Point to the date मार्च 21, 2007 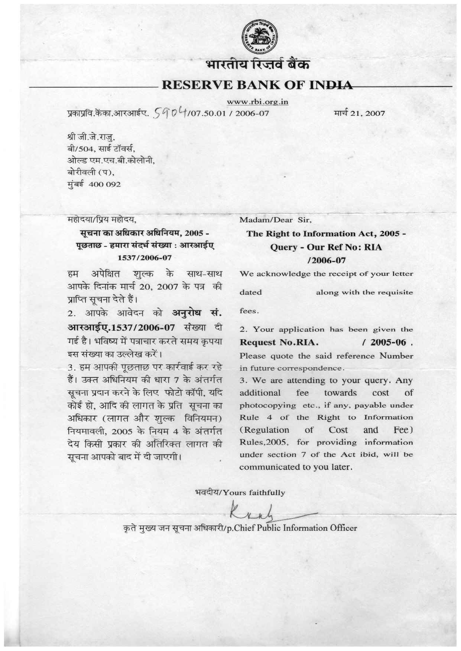(x=359, y=113)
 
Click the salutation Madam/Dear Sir (x=276, y=220)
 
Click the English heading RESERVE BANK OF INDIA (x=257, y=85)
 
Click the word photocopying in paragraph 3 (x=267, y=405)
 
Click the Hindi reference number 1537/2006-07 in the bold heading (x=145, y=258)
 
